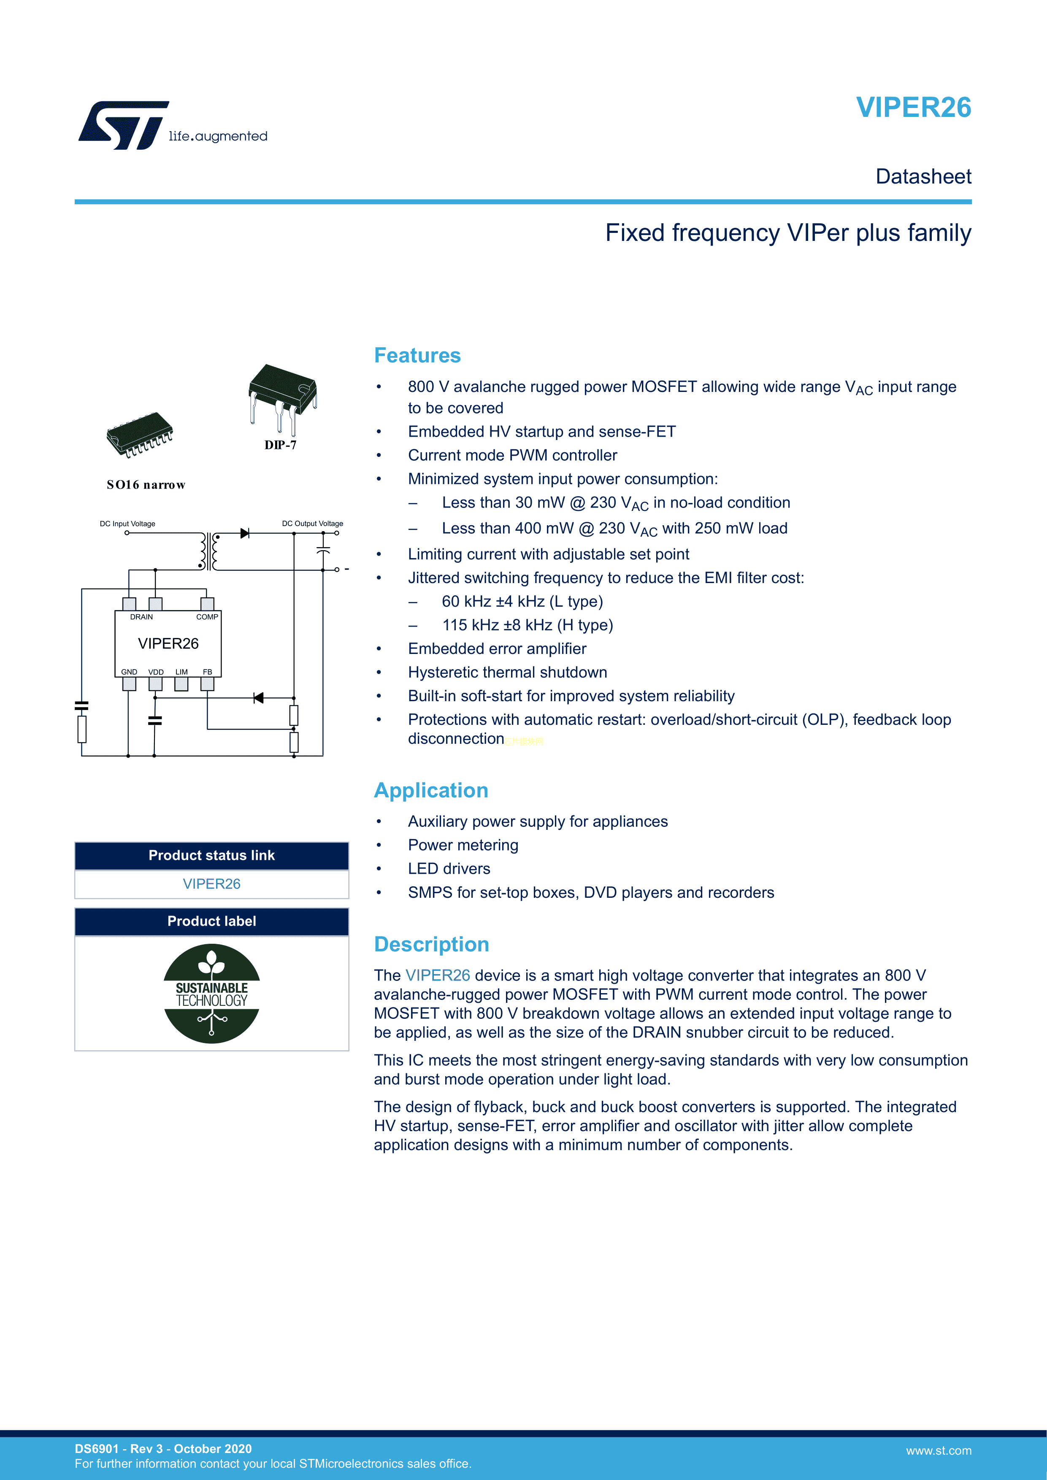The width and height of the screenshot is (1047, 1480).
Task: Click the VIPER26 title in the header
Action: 913,108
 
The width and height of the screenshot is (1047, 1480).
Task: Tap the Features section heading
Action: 417,355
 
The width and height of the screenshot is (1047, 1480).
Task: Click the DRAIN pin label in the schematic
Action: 141,617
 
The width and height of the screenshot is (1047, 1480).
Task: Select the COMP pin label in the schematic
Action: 207,617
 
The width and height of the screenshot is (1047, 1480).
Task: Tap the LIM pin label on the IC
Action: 181,672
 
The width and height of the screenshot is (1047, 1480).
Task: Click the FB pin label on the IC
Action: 207,672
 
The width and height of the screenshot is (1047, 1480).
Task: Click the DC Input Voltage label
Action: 127,524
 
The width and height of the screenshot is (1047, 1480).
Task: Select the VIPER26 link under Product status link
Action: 211,884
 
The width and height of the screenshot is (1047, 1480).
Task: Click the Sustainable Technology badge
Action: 211,993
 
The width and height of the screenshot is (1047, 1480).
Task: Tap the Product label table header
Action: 211,921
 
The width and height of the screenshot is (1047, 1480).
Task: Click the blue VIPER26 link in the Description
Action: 437,975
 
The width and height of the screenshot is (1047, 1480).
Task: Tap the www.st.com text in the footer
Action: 938,1450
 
